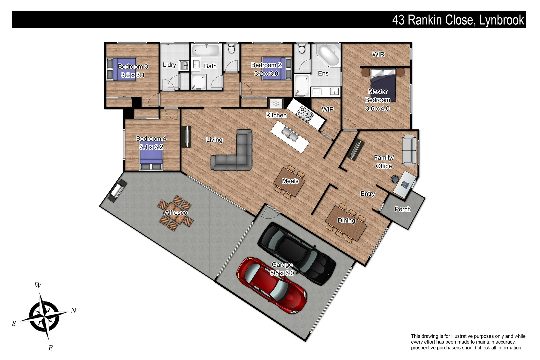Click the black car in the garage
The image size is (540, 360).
pyautogui.click(x=297, y=253)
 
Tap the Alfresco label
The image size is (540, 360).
pyautogui.click(x=176, y=213)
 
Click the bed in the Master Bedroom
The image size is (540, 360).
pyautogui.click(x=383, y=83)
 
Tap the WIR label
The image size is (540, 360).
pyautogui.click(x=378, y=54)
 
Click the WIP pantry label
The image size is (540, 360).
pyautogui.click(x=327, y=109)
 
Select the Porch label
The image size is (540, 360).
pyautogui.click(x=403, y=209)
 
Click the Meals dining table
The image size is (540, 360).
pyautogui.click(x=289, y=182)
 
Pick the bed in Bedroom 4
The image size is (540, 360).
pyautogui.click(x=151, y=157)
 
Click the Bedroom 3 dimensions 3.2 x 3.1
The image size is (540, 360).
pyautogui.click(x=133, y=75)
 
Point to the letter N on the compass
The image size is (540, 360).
pyautogui.click(x=74, y=311)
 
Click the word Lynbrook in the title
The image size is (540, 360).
pyautogui.click(x=502, y=20)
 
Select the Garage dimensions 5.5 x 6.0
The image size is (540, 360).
pyautogui.click(x=282, y=273)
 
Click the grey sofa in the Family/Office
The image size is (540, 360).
pyautogui.click(x=409, y=150)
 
